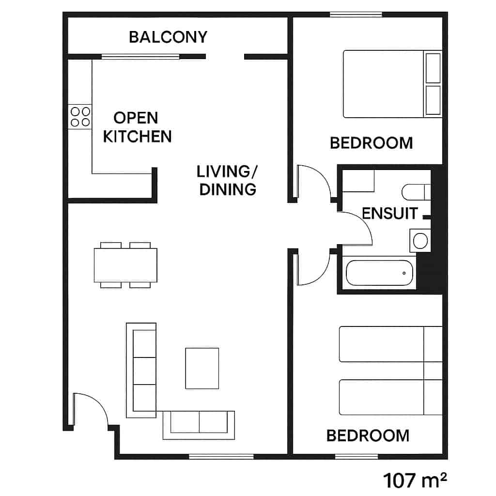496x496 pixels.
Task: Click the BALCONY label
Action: [x=168, y=37]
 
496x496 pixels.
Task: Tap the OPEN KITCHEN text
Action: [x=137, y=127]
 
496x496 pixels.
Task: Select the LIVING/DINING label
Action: [x=228, y=180]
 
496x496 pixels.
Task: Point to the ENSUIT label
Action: [x=390, y=213]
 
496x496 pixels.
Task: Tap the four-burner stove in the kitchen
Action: [x=80, y=117]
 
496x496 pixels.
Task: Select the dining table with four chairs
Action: [x=125, y=265]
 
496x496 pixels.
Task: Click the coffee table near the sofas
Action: [x=202, y=368]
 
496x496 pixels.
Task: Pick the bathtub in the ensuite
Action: [x=381, y=274]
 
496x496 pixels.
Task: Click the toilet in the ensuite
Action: [x=416, y=192]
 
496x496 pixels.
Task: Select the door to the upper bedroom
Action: [x=312, y=182]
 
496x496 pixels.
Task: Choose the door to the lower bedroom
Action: [x=312, y=269]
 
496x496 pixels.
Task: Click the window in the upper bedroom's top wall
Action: [x=356, y=15]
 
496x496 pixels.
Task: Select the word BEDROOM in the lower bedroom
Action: [x=368, y=435]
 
